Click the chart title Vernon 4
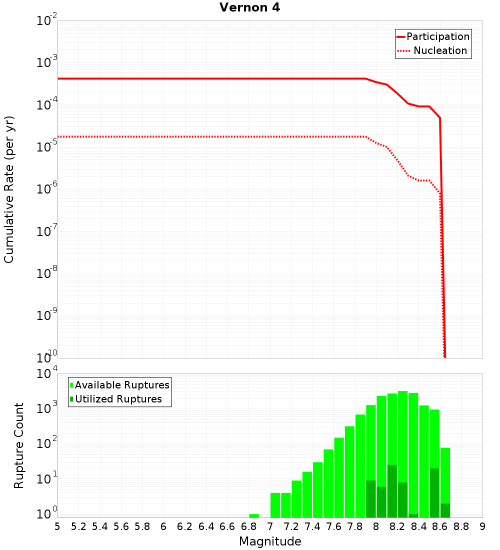[x=249, y=8]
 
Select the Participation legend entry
[x=433, y=36]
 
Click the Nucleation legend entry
[x=433, y=50]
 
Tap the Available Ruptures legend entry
[x=120, y=385]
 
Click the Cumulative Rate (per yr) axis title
[x=9, y=189]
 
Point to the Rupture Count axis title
[x=19, y=445]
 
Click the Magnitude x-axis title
[x=270, y=541]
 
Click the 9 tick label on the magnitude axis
[x=482, y=526]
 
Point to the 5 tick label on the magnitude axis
[x=57, y=526]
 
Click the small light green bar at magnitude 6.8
[x=254, y=515]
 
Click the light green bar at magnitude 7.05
[x=275, y=505]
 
